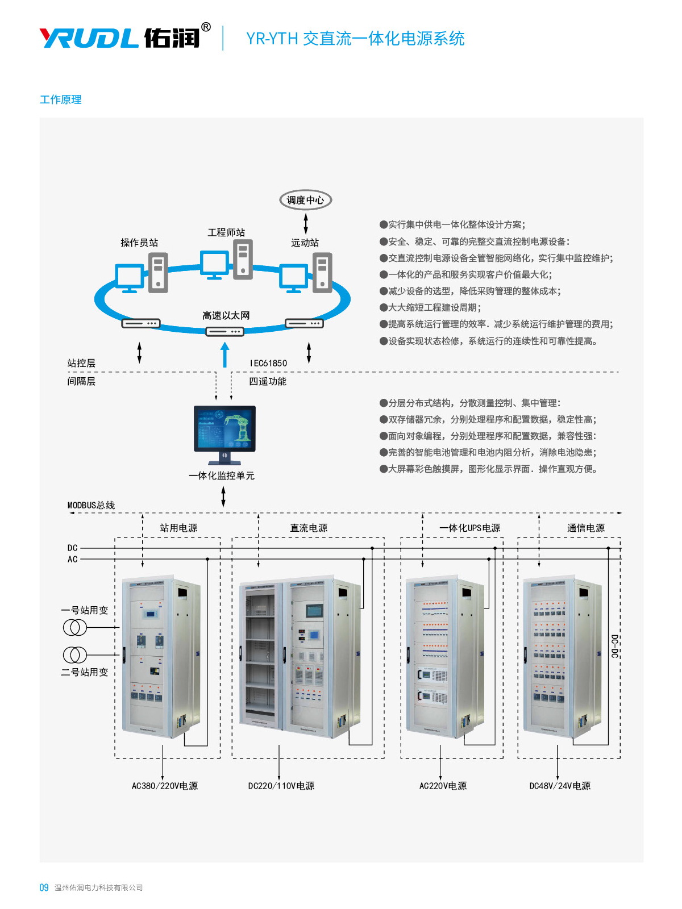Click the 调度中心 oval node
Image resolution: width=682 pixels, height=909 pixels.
click(305, 200)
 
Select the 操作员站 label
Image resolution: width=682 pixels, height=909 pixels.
click(139, 243)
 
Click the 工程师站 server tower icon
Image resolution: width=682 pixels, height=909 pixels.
click(243, 259)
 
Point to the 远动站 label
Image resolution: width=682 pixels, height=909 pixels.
click(305, 243)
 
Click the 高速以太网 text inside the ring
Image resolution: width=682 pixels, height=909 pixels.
click(226, 315)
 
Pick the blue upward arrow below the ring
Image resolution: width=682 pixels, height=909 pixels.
click(225, 355)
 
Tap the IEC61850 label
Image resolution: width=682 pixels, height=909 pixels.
click(268, 363)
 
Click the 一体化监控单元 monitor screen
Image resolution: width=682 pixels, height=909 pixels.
click(224, 428)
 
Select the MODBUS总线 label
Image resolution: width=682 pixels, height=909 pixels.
click(91, 505)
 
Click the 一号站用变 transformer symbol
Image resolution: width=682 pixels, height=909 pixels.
click(75, 627)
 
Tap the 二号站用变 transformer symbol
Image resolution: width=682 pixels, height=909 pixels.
click(75, 654)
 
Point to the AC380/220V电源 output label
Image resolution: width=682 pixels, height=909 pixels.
click(165, 786)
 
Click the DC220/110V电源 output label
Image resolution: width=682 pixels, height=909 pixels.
click(281, 786)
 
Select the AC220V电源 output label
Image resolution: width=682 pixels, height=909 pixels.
click(443, 786)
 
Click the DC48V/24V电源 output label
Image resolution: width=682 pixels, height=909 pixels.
click(560, 786)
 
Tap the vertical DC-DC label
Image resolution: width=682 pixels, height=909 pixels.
click(614, 647)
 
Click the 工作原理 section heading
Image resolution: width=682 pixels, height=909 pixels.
click(61, 99)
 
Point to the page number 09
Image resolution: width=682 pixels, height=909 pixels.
click(44, 887)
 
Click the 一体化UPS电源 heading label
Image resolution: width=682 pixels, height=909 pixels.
click(470, 528)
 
